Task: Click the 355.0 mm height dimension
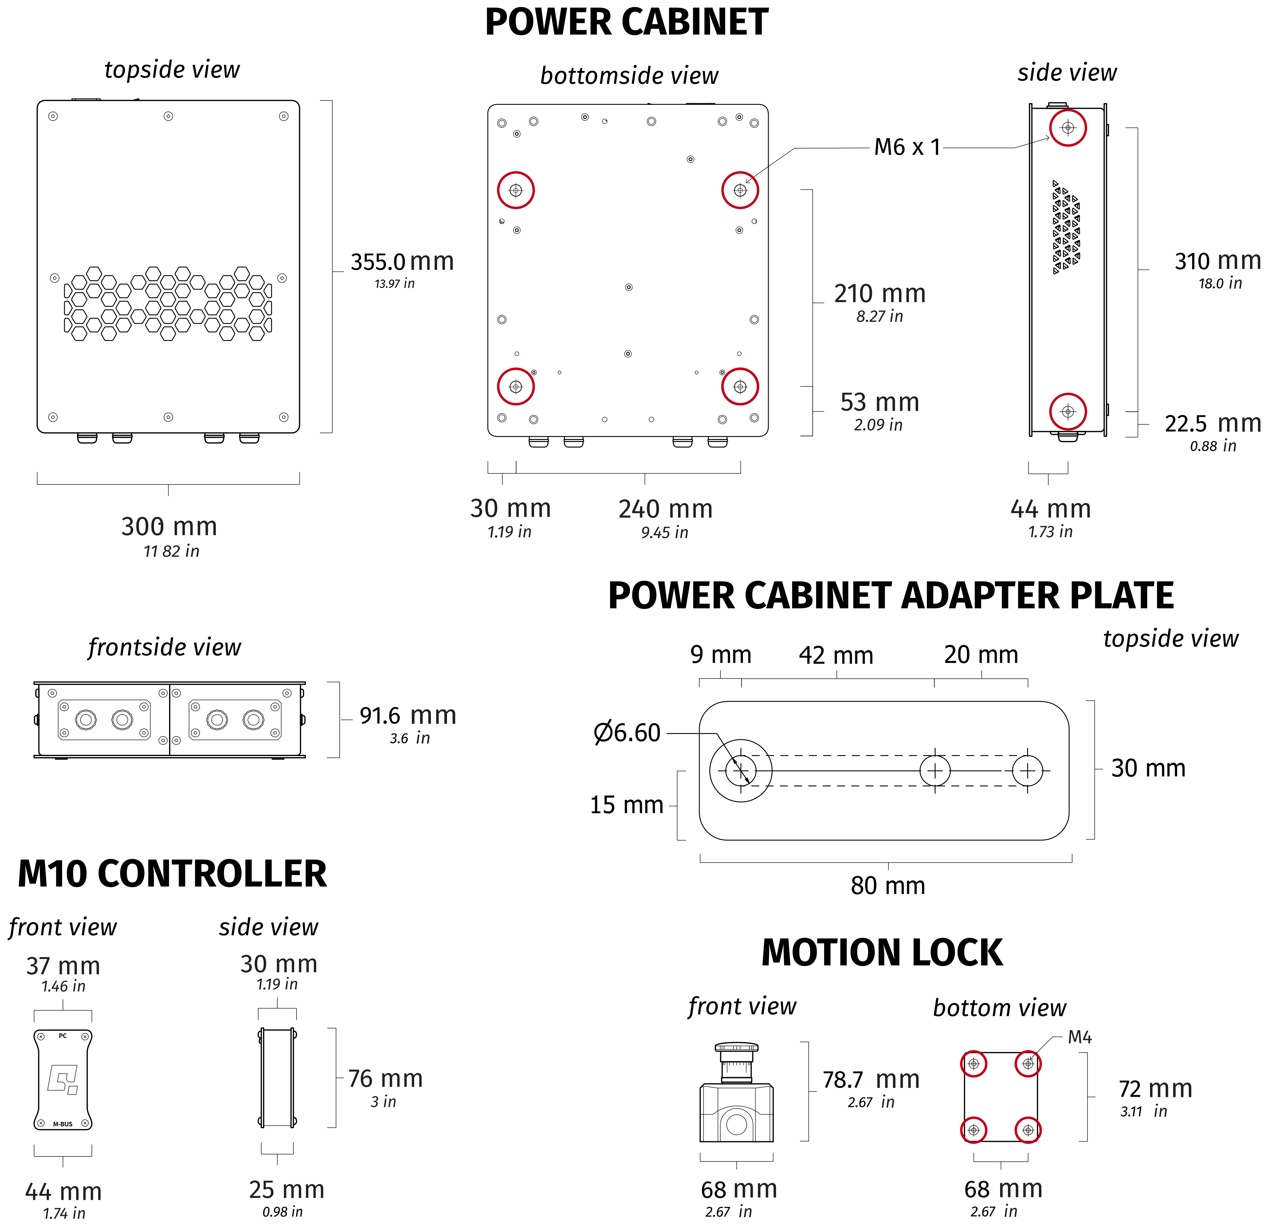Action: click(x=402, y=262)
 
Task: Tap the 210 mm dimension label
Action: click(x=879, y=294)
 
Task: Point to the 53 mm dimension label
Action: click(x=879, y=403)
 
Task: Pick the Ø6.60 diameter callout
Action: click(x=627, y=733)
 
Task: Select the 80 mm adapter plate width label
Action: click(x=888, y=886)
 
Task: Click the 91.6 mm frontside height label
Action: click(x=408, y=716)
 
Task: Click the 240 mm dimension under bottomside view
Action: click(x=665, y=510)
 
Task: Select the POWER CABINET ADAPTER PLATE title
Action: click(x=890, y=596)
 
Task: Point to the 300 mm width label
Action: click(x=169, y=527)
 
